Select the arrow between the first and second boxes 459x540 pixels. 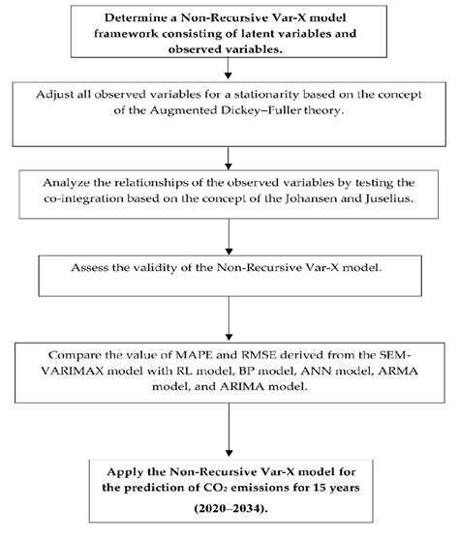pyautogui.click(x=226, y=70)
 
